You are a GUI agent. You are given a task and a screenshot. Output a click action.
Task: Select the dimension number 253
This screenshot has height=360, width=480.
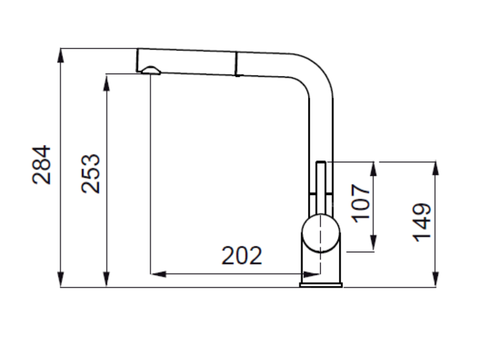[x=90, y=173]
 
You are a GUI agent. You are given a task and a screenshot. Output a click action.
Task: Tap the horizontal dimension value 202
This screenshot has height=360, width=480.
[x=241, y=255]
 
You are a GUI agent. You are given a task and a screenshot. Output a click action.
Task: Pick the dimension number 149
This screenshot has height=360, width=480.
[x=422, y=222]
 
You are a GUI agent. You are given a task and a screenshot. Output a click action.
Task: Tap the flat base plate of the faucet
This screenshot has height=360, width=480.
[x=321, y=285]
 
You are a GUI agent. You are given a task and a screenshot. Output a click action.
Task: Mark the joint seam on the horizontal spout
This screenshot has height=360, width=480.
[x=236, y=65]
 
